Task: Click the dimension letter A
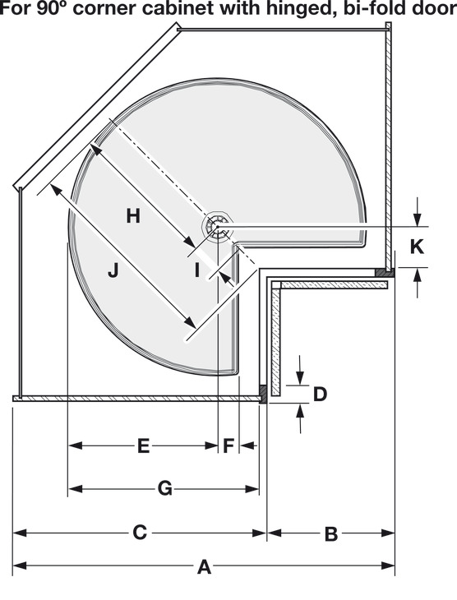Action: click(x=205, y=567)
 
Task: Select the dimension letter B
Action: click(x=331, y=534)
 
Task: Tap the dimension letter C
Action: click(x=140, y=533)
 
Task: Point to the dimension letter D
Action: click(x=320, y=395)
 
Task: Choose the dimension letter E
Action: click(x=143, y=446)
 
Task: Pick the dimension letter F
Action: click(x=228, y=446)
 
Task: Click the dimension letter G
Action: click(x=165, y=489)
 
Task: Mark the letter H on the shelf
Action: click(x=133, y=216)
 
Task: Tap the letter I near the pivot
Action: click(x=197, y=270)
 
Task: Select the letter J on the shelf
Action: click(x=113, y=270)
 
